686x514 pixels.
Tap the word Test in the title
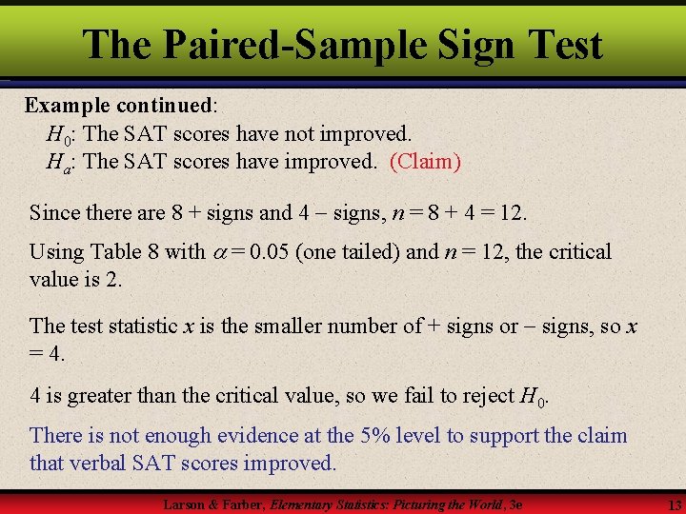coord(560,45)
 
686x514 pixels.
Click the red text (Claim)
coord(425,162)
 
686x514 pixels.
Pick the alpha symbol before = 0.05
coord(219,252)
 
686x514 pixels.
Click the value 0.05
coord(272,252)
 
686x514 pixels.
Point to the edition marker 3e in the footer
coord(514,504)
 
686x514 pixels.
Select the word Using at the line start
coord(56,252)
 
